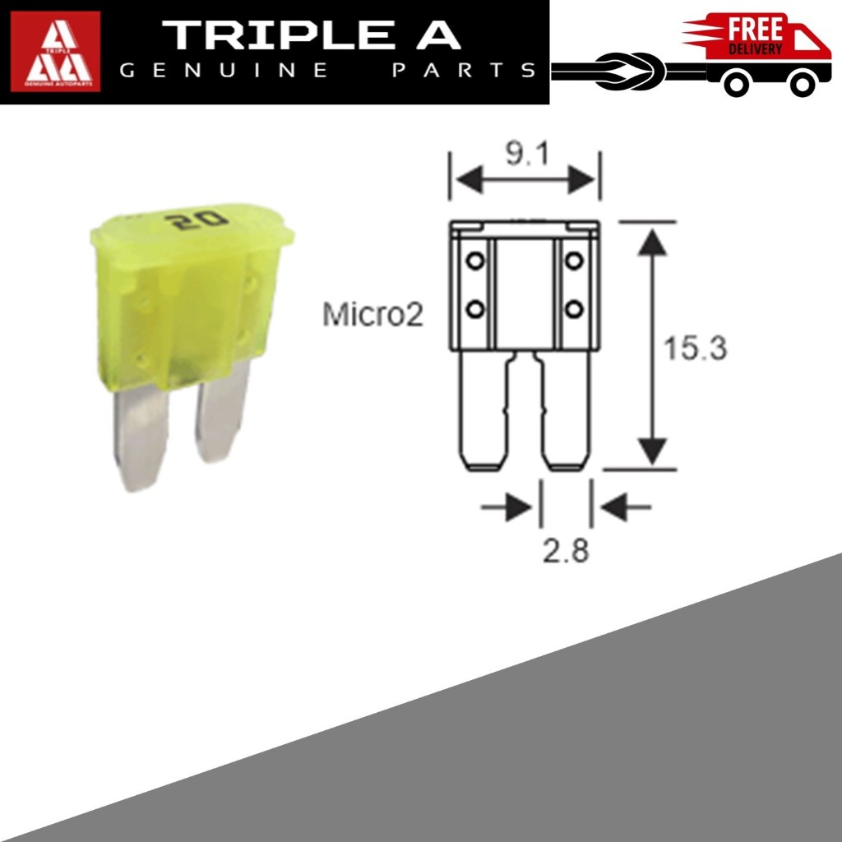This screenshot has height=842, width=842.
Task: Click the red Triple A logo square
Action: tap(55, 52)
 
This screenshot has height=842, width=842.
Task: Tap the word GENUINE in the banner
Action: tap(224, 71)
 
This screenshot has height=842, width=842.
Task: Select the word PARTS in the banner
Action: tap(465, 71)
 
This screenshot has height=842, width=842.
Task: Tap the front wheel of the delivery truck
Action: tap(802, 84)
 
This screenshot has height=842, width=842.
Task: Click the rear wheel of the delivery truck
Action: tap(738, 84)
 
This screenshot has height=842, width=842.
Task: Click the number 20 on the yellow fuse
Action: tap(197, 220)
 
